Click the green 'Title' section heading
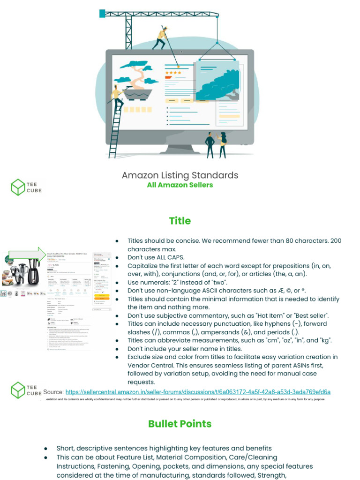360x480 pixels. point(180,221)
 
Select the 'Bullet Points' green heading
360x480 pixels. point(180,424)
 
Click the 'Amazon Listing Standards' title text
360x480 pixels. point(180,175)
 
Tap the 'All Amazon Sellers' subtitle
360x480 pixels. point(180,185)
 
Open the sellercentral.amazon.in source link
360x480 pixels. point(198,392)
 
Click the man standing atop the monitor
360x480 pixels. point(161,37)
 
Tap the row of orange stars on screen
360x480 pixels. point(172,73)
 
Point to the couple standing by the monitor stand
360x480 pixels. point(216,144)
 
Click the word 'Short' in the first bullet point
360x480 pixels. point(66,449)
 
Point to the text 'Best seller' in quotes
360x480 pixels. point(309,315)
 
